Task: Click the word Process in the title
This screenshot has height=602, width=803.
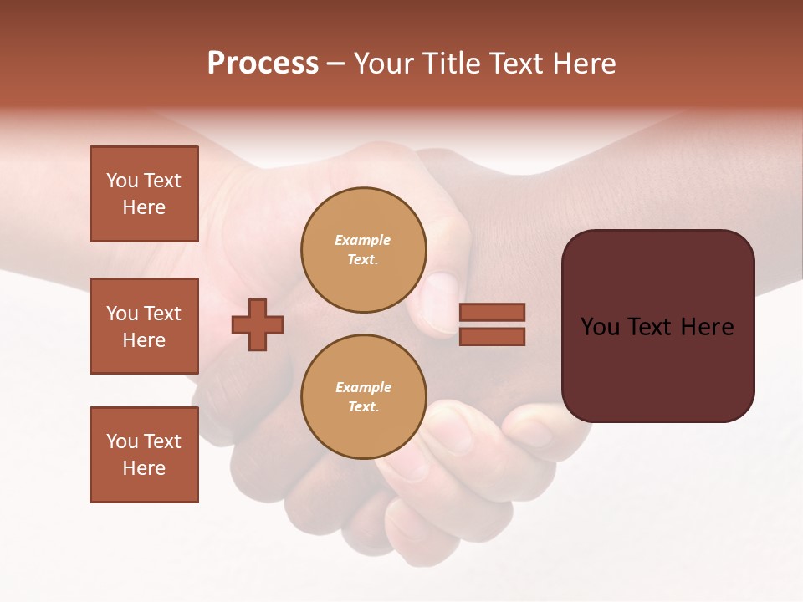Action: click(263, 64)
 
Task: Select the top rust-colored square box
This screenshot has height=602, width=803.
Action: click(144, 194)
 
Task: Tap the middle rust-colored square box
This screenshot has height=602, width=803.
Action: click(144, 326)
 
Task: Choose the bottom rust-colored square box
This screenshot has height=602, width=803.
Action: click(144, 455)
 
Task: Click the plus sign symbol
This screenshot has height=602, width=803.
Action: click(258, 324)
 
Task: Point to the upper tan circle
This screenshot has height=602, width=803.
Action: click(363, 250)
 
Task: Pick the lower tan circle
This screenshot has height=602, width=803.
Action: click(363, 397)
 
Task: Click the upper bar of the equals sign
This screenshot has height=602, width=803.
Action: click(492, 312)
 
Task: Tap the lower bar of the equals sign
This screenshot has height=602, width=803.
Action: click(492, 337)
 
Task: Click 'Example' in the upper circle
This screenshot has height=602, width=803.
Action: click(362, 240)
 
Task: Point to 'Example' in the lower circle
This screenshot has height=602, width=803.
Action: click(363, 387)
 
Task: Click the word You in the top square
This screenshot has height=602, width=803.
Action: click(121, 181)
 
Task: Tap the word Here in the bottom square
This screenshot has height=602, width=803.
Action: click(144, 468)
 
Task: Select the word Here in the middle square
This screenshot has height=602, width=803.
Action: click(144, 340)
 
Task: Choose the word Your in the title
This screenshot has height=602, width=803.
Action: click(383, 64)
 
